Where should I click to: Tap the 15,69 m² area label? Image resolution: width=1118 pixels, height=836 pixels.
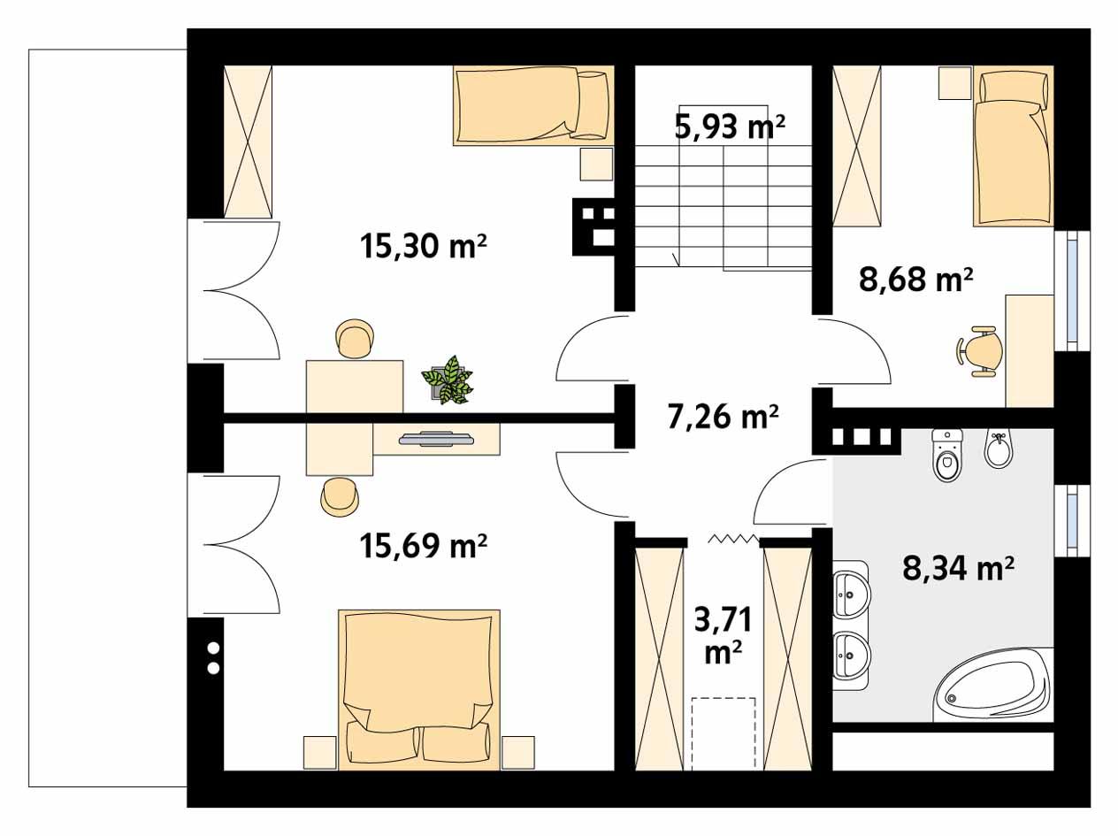(425, 546)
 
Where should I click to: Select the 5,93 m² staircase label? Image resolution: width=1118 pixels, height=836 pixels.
(730, 127)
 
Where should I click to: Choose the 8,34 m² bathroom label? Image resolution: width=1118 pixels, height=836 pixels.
(958, 567)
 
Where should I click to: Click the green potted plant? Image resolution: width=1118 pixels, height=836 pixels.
(448, 380)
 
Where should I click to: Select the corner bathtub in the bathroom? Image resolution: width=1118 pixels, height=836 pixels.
(996, 686)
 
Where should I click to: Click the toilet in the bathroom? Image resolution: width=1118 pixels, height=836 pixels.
(946, 455)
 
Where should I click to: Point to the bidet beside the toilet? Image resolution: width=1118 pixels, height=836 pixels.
(998, 450)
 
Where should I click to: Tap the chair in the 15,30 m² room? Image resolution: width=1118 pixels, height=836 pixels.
(356, 340)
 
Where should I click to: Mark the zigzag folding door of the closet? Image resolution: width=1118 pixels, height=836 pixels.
(732, 538)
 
